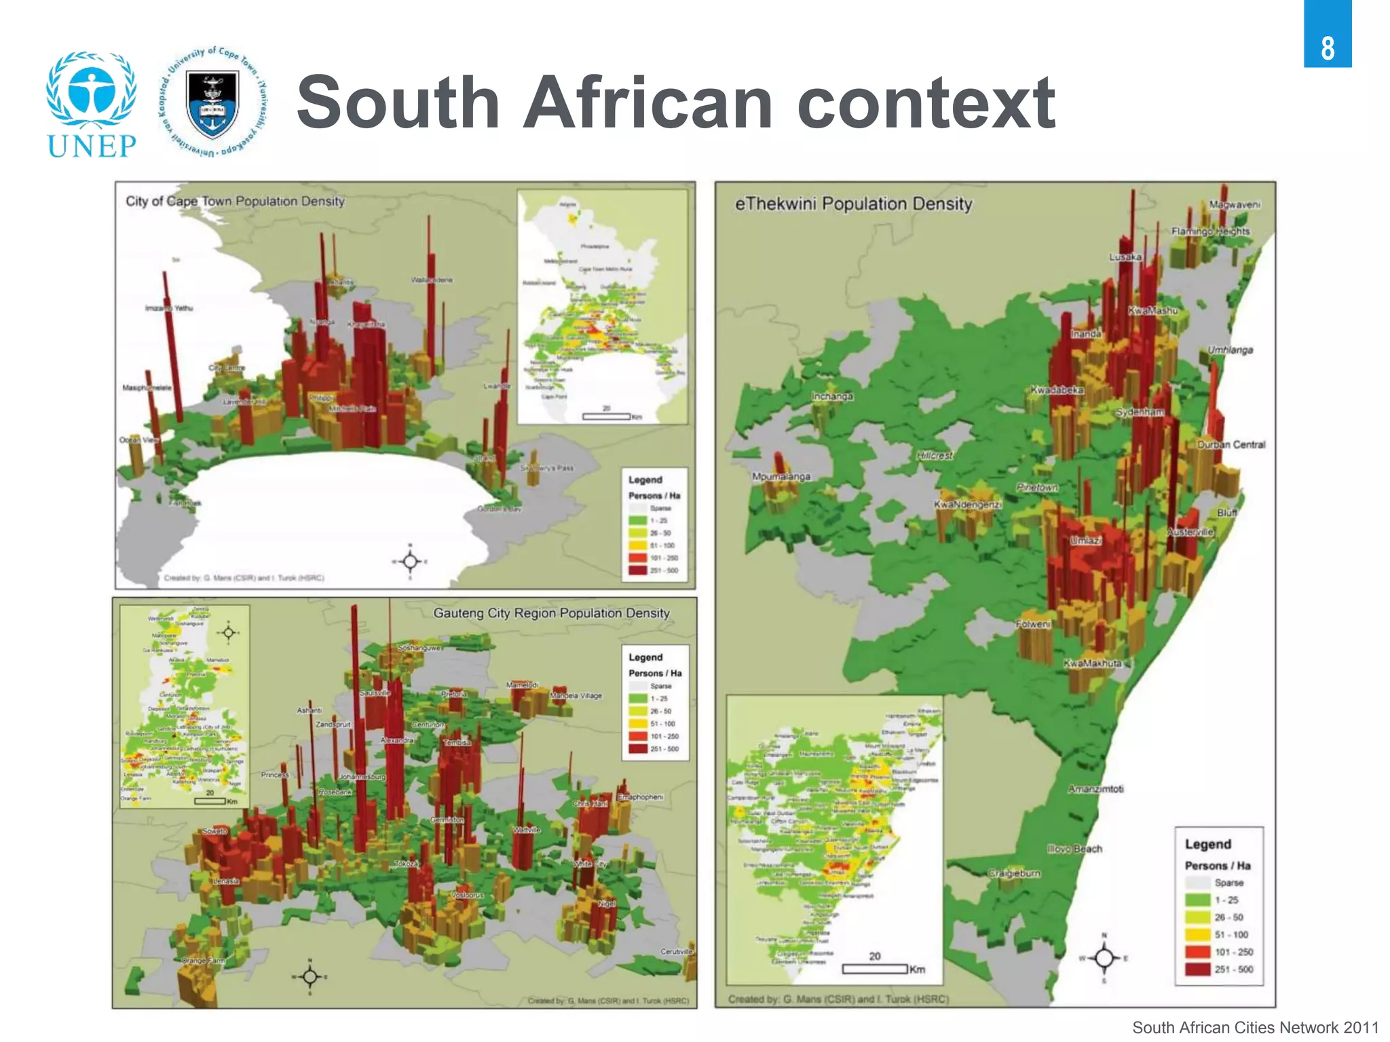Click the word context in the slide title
pos(926,103)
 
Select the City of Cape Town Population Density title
pos(235,201)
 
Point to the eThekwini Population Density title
pos(853,204)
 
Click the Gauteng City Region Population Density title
pos(551,613)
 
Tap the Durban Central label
pos(1231,445)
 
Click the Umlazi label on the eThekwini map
pos(1085,541)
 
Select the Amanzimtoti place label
pos(1095,789)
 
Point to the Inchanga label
pos(832,396)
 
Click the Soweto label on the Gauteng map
pos(215,831)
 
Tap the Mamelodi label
pos(522,685)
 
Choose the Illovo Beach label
pos(1074,849)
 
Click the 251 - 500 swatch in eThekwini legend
pos(1198,969)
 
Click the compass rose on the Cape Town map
pos(409,561)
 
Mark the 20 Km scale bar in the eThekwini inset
pos(875,968)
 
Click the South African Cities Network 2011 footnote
pos(1255,1028)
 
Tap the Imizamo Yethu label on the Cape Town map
pos(168,308)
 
